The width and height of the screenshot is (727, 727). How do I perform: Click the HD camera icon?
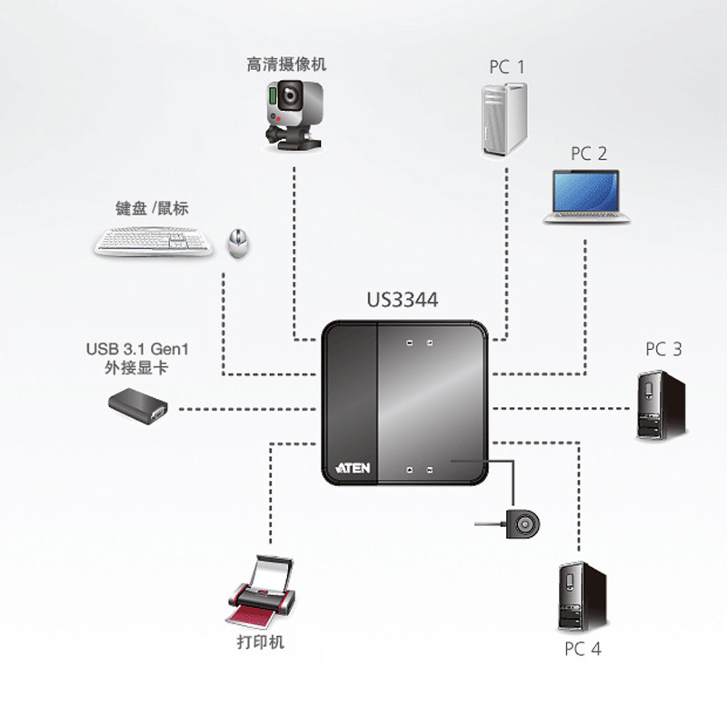[293, 111]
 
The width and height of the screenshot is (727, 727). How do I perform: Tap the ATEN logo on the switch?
[352, 466]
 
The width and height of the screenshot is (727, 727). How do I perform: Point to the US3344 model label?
[403, 300]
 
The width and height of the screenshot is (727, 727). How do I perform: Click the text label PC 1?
[507, 66]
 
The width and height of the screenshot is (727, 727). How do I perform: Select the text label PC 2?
[589, 154]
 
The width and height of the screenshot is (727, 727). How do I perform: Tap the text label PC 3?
[663, 349]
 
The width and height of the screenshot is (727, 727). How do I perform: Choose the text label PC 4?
[583, 650]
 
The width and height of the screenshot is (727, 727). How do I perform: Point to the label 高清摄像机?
[286, 65]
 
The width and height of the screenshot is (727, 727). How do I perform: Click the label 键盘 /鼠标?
[159, 209]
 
